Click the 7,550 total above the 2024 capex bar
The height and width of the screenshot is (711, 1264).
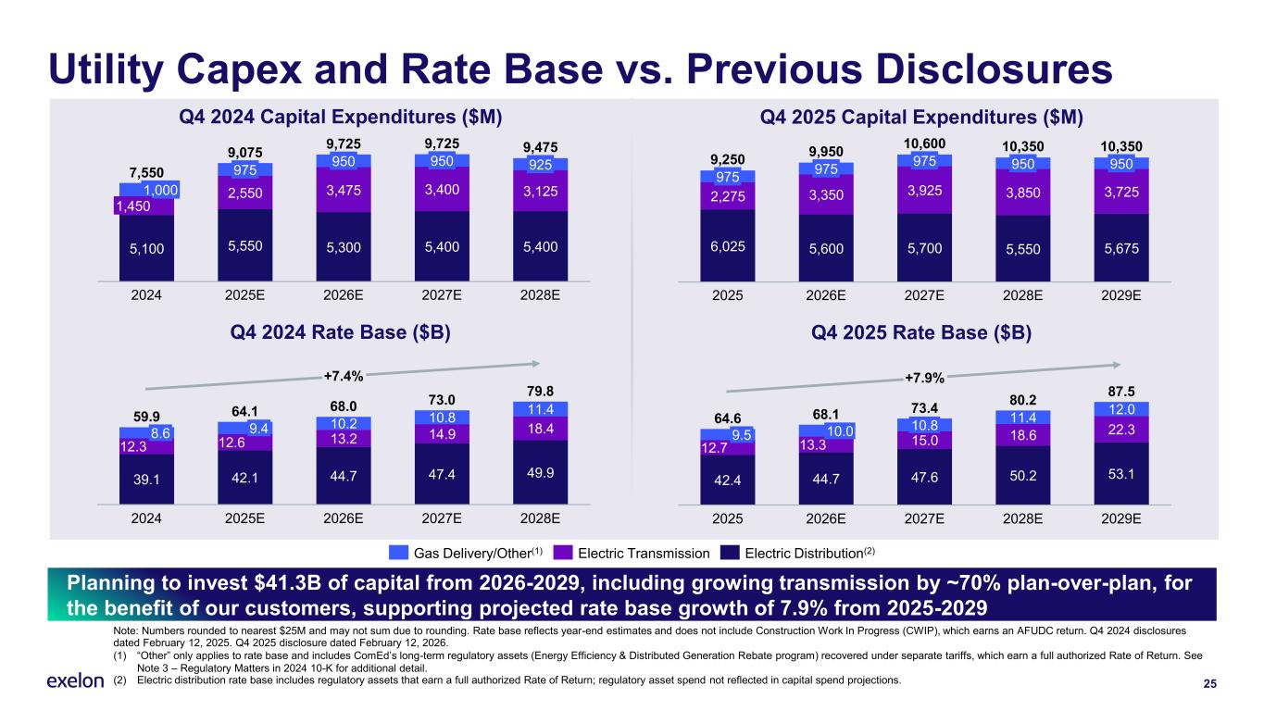pos(146,172)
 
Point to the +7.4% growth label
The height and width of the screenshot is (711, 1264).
pos(343,376)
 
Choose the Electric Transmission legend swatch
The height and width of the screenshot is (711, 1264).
pos(562,553)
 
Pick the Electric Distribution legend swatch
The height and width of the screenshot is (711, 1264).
pos(731,553)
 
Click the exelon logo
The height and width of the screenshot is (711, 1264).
pos(75,681)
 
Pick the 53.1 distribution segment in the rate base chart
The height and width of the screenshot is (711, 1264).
pos(1120,474)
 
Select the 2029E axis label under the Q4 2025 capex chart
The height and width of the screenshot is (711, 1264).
pos(1120,295)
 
